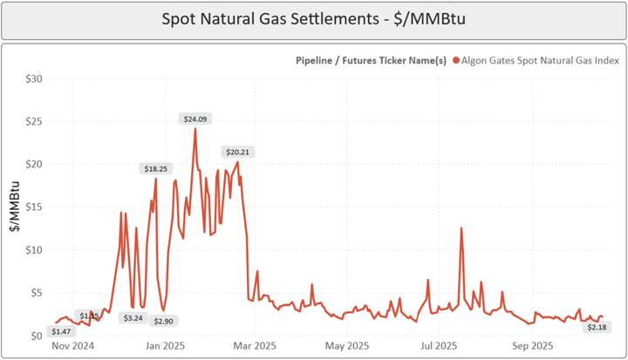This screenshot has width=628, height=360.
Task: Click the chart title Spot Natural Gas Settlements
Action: pyautogui.click(x=315, y=19)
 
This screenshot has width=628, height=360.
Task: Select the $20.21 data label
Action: pyautogui.click(x=235, y=152)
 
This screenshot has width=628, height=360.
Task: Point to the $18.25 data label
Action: pyautogui.click(x=157, y=168)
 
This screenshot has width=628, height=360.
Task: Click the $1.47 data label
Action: pyautogui.click(x=61, y=331)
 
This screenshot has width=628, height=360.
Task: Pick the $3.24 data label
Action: pyautogui.click(x=133, y=318)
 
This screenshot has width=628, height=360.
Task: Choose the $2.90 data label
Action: pyautogui.click(x=163, y=321)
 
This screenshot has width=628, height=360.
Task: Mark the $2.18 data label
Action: pyautogui.click(x=597, y=327)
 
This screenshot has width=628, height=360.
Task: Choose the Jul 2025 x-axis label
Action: pyautogui.click(x=438, y=346)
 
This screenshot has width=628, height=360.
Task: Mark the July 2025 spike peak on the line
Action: pyautogui.click(x=461, y=228)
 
